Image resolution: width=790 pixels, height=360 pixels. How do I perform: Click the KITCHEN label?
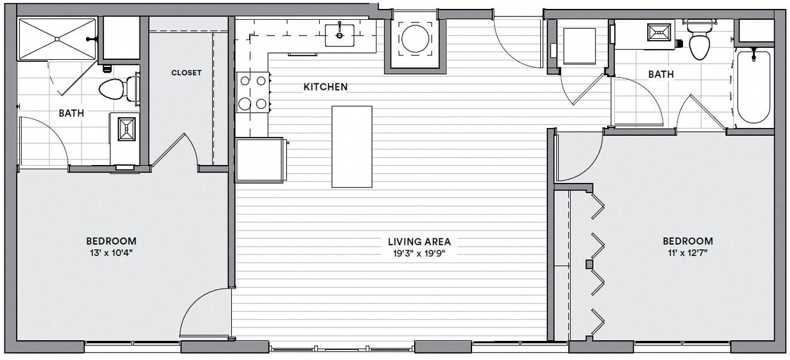click(325, 87)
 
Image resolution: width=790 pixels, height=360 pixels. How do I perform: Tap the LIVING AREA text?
click(419, 241)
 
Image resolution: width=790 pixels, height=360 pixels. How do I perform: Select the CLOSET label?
click(186, 73)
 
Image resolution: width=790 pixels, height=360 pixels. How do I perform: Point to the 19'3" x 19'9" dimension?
click(419, 253)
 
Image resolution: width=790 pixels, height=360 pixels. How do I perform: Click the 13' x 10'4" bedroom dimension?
click(111, 252)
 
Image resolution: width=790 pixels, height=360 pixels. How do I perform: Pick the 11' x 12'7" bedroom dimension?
click(687, 252)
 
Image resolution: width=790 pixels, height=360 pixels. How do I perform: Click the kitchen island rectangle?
click(352, 147)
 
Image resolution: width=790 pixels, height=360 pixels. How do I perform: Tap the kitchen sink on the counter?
click(340, 35)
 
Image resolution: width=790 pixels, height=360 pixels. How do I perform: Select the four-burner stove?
click(252, 92)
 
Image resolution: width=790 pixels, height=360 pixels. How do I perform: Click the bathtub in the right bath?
click(754, 87)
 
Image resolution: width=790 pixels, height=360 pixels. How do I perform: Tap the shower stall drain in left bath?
click(57, 40)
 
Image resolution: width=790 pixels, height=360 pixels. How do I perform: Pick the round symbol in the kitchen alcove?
click(415, 40)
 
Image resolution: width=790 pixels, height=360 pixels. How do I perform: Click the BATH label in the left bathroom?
click(71, 113)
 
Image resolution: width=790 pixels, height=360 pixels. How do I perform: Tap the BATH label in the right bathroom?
click(661, 75)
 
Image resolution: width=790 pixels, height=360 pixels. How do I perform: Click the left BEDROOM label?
click(111, 241)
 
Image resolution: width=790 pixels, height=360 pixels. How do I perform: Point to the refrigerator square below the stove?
click(259, 160)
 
